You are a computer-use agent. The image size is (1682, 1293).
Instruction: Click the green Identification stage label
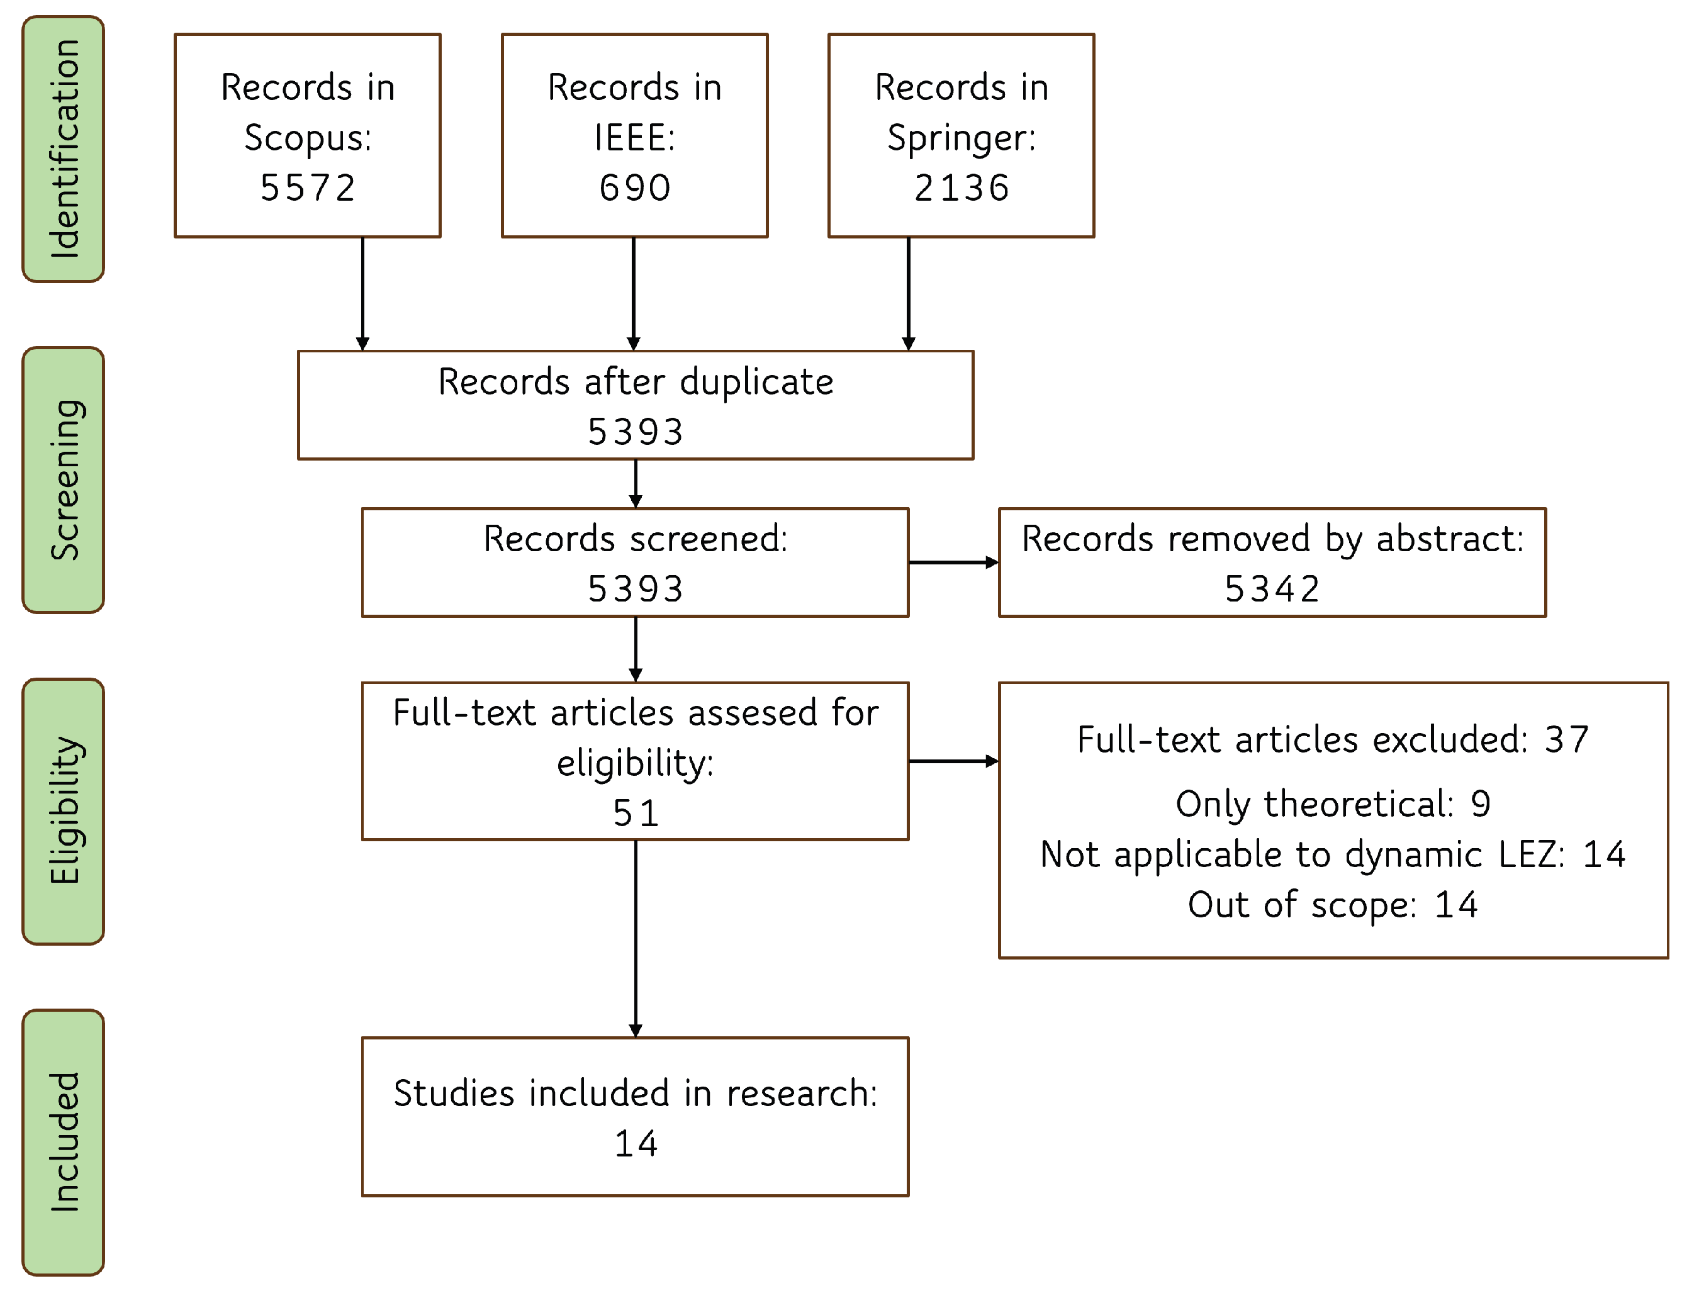[63, 148]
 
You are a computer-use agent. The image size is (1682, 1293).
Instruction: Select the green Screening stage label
[63, 479]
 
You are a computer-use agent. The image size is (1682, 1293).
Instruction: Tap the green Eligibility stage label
[63, 810]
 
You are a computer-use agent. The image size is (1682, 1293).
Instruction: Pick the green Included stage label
[63, 1141]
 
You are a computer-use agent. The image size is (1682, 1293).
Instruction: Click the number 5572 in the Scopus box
[307, 188]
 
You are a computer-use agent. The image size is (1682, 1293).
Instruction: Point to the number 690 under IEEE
[634, 188]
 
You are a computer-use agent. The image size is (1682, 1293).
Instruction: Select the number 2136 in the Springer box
[961, 188]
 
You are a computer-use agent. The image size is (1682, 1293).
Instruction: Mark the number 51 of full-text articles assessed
[635, 813]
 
